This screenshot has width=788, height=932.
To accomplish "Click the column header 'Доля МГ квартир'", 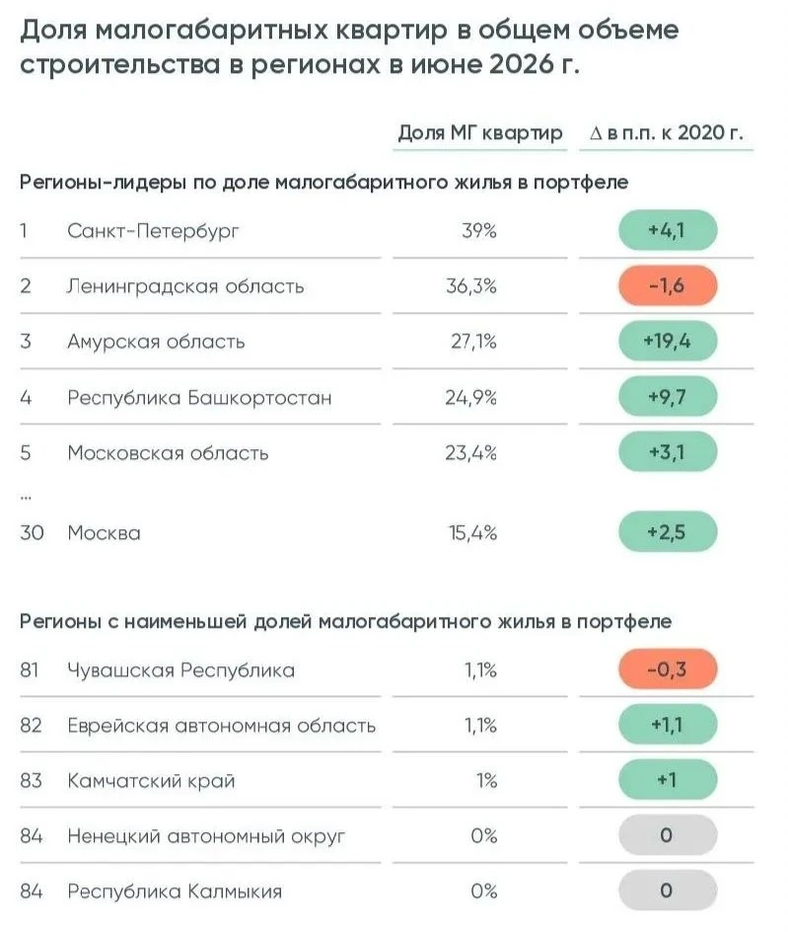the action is [480, 132].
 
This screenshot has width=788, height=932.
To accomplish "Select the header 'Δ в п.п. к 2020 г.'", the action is [667, 132].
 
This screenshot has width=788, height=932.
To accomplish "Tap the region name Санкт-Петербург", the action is [153, 231].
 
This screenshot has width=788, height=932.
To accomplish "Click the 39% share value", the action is [478, 230].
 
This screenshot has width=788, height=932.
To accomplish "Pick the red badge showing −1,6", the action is [668, 286].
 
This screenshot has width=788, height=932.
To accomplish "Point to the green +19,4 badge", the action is [668, 342].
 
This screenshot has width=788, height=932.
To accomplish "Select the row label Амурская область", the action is [156, 342].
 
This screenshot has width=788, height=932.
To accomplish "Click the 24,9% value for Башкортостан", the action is [470, 397].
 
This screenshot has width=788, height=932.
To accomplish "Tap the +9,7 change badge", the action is [668, 397].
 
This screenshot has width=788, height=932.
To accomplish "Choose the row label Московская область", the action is [168, 453].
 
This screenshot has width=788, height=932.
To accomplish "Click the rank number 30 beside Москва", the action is [32, 532].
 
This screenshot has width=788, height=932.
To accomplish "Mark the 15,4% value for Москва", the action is [472, 532].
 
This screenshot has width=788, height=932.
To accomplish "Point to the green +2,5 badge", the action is [668, 532].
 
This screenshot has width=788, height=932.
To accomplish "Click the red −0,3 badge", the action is [668, 669].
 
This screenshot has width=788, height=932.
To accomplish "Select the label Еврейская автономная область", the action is [222, 726].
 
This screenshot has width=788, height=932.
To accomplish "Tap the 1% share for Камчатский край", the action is [486, 780].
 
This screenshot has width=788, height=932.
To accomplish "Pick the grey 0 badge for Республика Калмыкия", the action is [668, 891].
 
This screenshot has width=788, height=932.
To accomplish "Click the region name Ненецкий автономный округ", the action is [206, 836].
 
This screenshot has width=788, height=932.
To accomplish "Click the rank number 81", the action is [30, 670].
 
